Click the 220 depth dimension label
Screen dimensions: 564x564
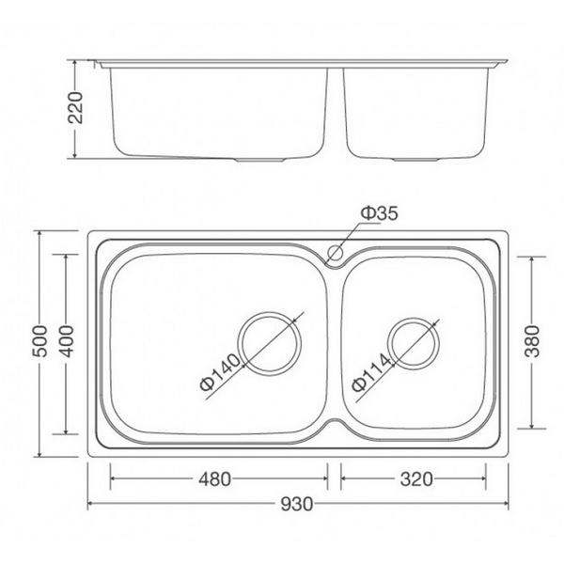(82, 111)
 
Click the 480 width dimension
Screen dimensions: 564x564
(214, 479)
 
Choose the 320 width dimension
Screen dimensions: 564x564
(415, 479)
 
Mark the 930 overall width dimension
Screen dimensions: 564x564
(296, 506)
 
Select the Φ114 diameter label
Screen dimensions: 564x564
(368, 371)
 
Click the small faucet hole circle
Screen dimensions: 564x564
(333, 252)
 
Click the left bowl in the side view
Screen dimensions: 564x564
(221, 111)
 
